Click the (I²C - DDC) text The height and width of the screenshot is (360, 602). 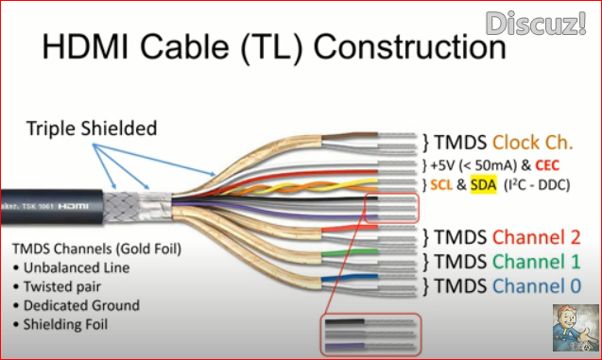540,185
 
